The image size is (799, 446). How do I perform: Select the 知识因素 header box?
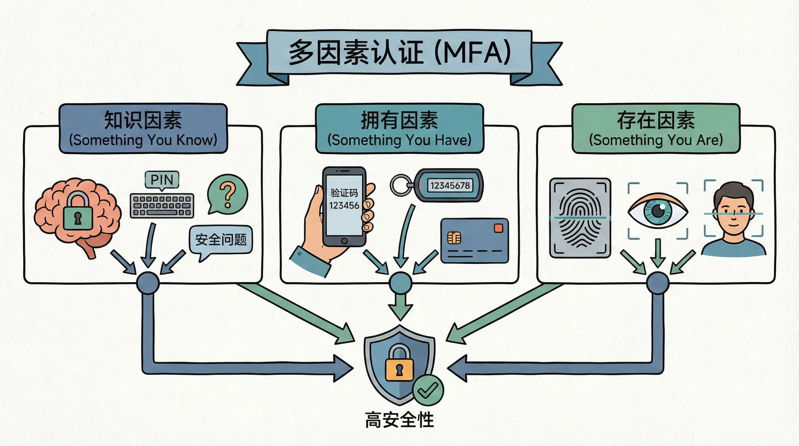pyautogui.click(x=143, y=128)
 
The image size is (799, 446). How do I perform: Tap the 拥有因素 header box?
pyautogui.click(x=399, y=128)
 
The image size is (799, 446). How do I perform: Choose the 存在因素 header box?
pyautogui.click(x=656, y=128)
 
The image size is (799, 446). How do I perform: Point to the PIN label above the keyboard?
pyautogui.click(x=162, y=180)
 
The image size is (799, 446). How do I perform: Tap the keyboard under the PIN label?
pyautogui.click(x=162, y=206)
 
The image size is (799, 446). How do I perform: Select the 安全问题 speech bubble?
pyautogui.click(x=221, y=240)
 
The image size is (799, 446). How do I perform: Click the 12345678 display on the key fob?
pyautogui.click(x=450, y=186)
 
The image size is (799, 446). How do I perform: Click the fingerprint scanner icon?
pyautogui.click(x=580, y=218)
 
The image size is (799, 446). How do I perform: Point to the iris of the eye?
pyautogui.click(x=658, y=210)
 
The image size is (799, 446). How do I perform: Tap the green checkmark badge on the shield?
pyautogui.click(x=428, y=390)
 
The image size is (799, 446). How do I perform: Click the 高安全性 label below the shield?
pyautogui.click(x=399, y=420)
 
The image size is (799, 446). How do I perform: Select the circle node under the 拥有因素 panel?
pyautogui.click(x=400, y=283)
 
